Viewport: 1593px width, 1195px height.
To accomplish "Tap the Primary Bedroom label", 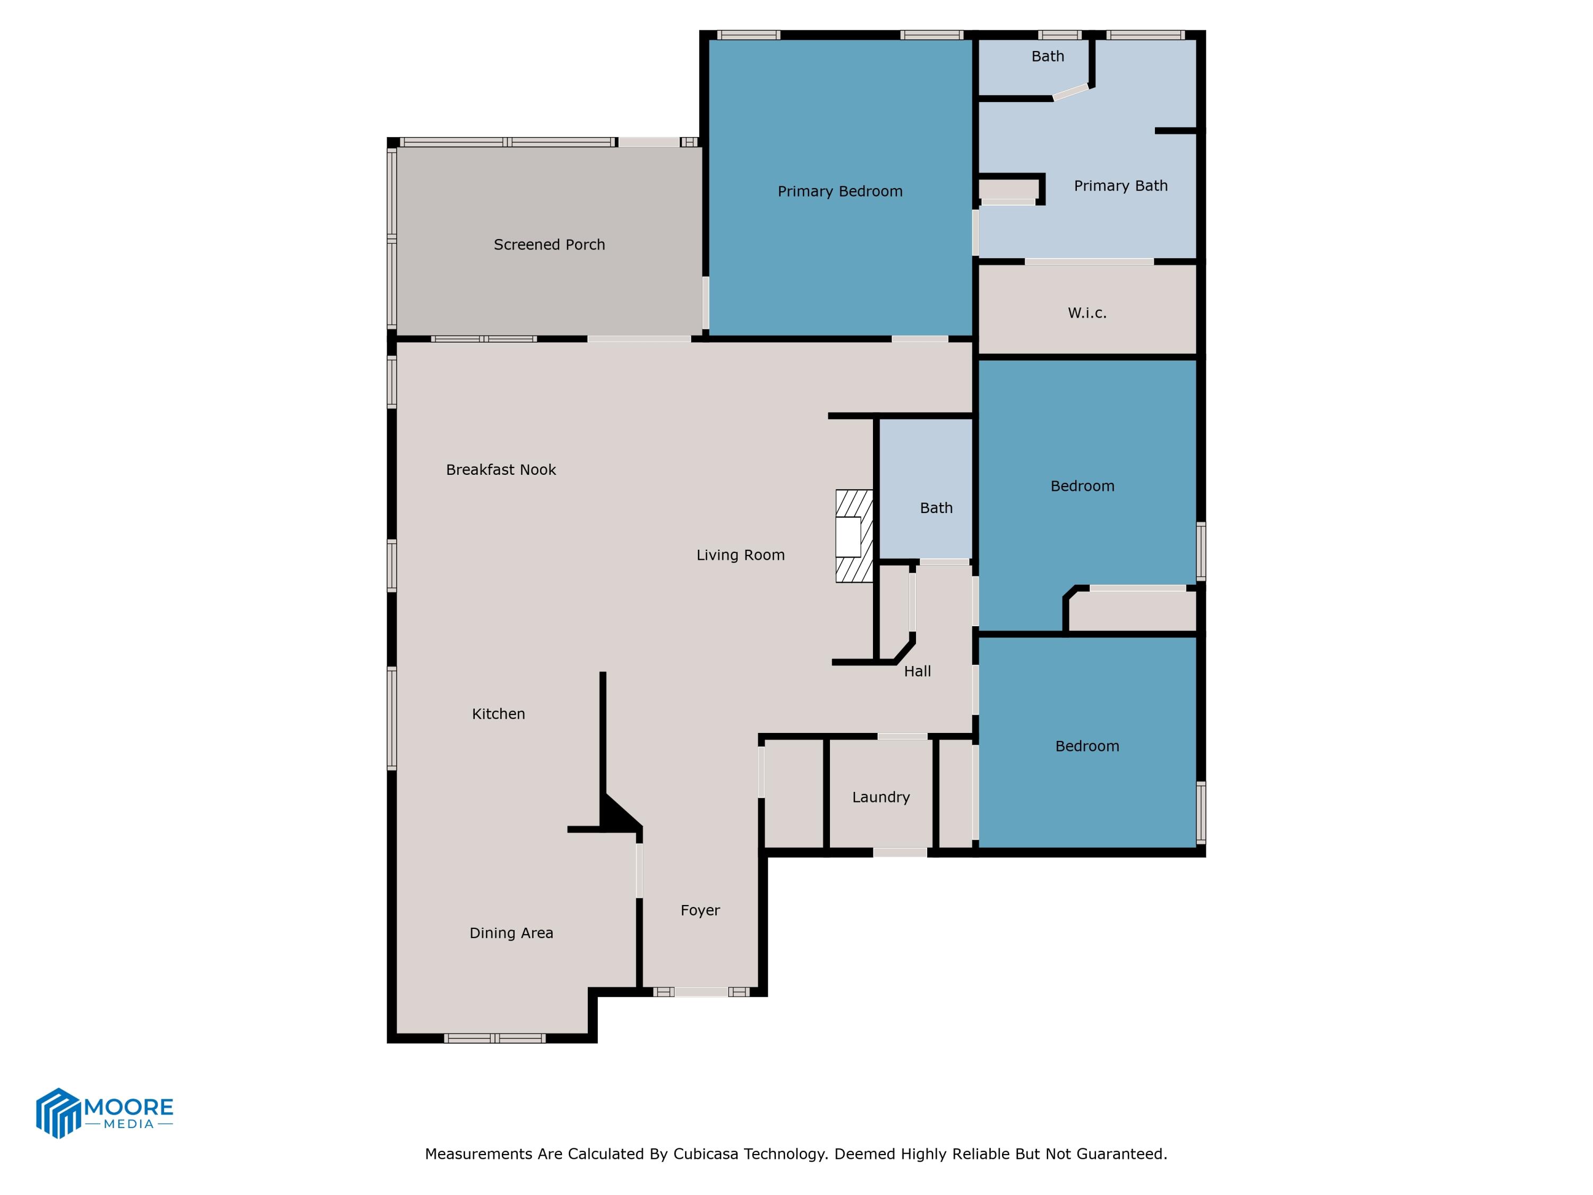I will click(x=840, y=192).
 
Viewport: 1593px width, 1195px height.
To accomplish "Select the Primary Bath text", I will click(x=1120, y=186).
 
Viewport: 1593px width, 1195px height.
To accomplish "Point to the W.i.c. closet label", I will click(x=1087, y=313).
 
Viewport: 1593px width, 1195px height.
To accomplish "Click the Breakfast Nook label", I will click(x=501, y=470).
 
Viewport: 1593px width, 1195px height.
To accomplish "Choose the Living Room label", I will click(x=740, y=556).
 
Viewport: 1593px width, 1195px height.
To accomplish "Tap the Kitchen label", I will click(x=499, y=714).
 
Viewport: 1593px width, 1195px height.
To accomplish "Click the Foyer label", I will click(x=700, y=910).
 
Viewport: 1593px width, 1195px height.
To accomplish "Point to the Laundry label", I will click(x=881, y=797).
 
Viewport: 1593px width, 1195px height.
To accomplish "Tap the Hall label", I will click(x=918, y=671).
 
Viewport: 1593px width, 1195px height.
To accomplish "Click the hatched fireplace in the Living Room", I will click(x=854, y=536).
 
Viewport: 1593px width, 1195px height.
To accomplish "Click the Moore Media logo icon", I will click(x=57, y=1113).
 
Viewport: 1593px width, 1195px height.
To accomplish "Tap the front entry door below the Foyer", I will click(x=701, y=992).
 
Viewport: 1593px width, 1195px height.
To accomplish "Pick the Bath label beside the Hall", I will click(x=936, y=509).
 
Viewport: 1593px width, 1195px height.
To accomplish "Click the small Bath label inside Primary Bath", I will click(x=1047, y=56).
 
